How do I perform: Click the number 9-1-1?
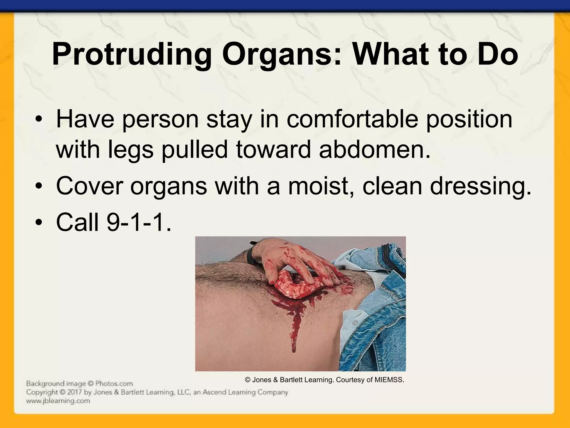(139, 222)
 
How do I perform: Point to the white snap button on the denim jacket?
(355, 323)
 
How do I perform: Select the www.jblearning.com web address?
(58, 401)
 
